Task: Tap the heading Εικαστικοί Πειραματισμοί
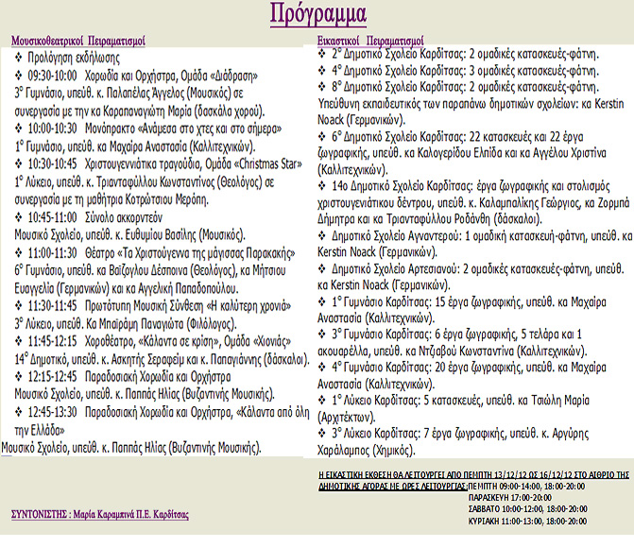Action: pyautogui.click(x=370, y=42)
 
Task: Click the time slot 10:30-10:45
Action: pyautogui.click(x=53, y=163)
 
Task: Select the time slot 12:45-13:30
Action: pyautogui.click(x=53, y=411)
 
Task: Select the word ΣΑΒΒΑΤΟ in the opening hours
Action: pyautogui.click(x=488, y=507)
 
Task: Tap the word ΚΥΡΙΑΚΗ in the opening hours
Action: pyautogui.click(x=488, y=520)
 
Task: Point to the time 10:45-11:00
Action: pyautogui.click(x=53, y=215)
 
